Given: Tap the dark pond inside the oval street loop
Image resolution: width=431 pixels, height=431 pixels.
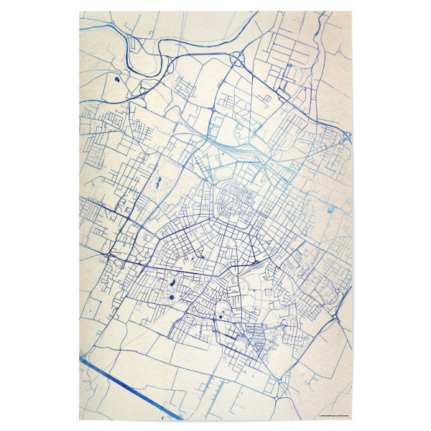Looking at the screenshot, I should point(220,314).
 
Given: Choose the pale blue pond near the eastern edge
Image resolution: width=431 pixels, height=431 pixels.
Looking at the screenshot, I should point(330,210).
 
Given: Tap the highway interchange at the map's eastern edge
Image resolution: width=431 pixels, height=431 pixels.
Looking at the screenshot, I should point(346,136).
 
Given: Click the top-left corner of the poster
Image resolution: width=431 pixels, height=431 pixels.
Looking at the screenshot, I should point(79,11).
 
